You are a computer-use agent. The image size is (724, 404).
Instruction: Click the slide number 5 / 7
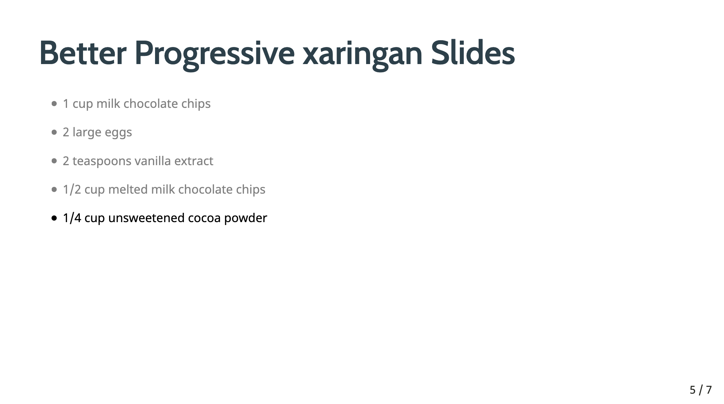pyautogui.click(x=700, y=390)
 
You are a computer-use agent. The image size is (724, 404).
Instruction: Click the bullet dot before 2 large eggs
pyautogui.click(x=54, y=132)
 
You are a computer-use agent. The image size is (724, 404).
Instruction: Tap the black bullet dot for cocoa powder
pyautogui.click(x=54, y=218)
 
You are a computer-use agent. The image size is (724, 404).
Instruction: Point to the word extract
pyautogui.click(x=194, y=161)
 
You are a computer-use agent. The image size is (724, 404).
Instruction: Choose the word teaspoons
pyautogui.click(x=102, y=162)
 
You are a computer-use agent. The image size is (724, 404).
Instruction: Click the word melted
pyautogui.click(x=128, y=189)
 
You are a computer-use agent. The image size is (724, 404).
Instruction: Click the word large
pyautogui.click(x=87, y=133)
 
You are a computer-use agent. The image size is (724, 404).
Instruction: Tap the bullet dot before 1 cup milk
pyautogui.click(x=54, y=104)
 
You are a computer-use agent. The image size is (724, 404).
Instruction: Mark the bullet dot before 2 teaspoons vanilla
pyautogui.click(x=54, y=161)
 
